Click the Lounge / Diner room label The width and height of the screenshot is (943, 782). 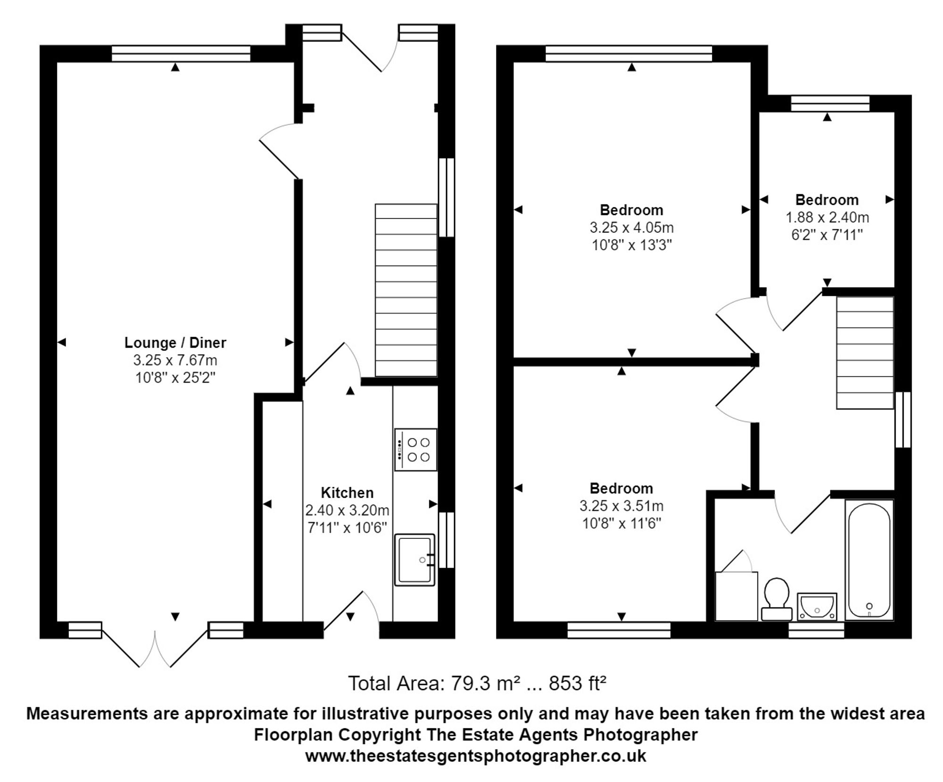[x=175, y=342]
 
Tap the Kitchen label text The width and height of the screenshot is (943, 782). [x=347, y=493]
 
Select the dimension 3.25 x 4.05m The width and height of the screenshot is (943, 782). [x=631, y=228]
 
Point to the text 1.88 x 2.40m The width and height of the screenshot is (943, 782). [x=827, y=218]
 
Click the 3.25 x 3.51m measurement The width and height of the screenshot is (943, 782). [x=621, y=506]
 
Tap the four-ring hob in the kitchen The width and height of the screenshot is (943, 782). [x=416, y=449]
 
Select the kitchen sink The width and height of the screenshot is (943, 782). [x=414, y=560]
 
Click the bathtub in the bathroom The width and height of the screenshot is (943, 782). [x=869, y=560]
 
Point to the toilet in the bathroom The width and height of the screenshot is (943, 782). [x=776, y=598]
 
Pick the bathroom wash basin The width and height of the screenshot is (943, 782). [x=817, y=606]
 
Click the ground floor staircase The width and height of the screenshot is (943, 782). [x=406, y=290]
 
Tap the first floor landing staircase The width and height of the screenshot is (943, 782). [x=865, y=352]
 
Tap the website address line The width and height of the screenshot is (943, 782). [x=475, y=756]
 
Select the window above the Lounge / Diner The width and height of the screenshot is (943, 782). [x=181, y=54]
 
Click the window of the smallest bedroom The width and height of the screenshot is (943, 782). [x=830, y=104]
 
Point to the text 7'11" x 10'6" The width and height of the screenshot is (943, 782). [x=347, y=528]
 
